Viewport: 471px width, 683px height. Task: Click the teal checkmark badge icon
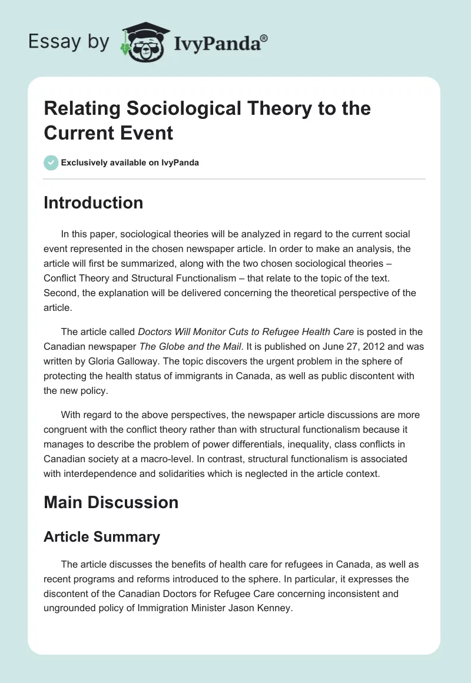point(51,163)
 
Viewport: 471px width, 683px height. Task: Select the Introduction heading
point(93,203)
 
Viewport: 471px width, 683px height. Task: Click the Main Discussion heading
point(111,502)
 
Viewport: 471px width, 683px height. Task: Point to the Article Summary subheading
point(101,537)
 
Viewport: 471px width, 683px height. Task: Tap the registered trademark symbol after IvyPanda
point(264,37)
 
